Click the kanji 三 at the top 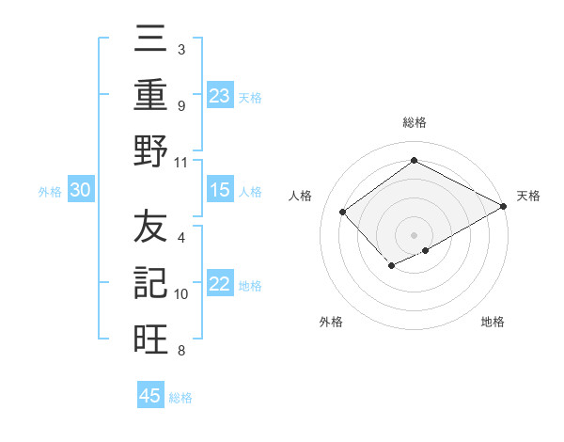click(150, 41)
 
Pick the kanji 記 click(150, 283)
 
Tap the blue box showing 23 click(220, 95)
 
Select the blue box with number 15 click(220, 190)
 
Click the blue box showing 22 click(220, 285)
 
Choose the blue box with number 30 click(81, 190)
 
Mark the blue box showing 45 click(150, 396)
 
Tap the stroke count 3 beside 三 click(181, 49)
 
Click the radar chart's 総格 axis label click(414, 122)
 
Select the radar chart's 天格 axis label click(528, 196)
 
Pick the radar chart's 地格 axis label click(493, 322)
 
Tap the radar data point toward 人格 click(343, 213)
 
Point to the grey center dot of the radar click(414, 234)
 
